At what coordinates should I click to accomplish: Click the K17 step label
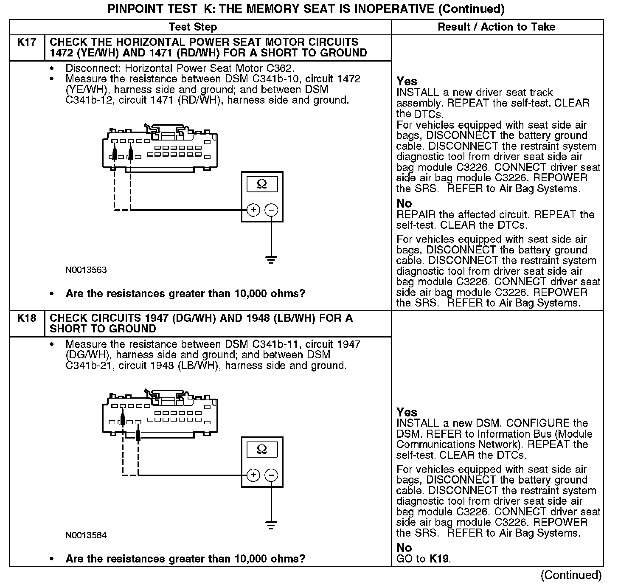26,42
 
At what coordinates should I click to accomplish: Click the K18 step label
26,318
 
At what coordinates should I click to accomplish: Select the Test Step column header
193,27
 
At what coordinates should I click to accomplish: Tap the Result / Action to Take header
496,27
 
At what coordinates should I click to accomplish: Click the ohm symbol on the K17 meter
262,184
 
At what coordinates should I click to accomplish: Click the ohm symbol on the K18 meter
262,449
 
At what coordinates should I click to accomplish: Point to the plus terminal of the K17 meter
253,210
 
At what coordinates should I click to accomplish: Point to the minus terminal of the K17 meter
272,210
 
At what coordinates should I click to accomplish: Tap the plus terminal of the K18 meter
253,475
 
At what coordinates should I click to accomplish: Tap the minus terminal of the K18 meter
272,475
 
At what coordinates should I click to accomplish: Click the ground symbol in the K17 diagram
271,259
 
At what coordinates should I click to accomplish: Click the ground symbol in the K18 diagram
271,525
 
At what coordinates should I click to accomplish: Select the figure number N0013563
86,270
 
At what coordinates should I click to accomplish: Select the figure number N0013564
86,535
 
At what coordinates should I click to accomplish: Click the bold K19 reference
439,559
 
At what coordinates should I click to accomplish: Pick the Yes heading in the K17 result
407,81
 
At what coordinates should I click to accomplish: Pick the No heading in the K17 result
404,203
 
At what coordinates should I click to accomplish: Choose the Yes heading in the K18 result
407,412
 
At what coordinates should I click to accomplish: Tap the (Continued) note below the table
571,575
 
